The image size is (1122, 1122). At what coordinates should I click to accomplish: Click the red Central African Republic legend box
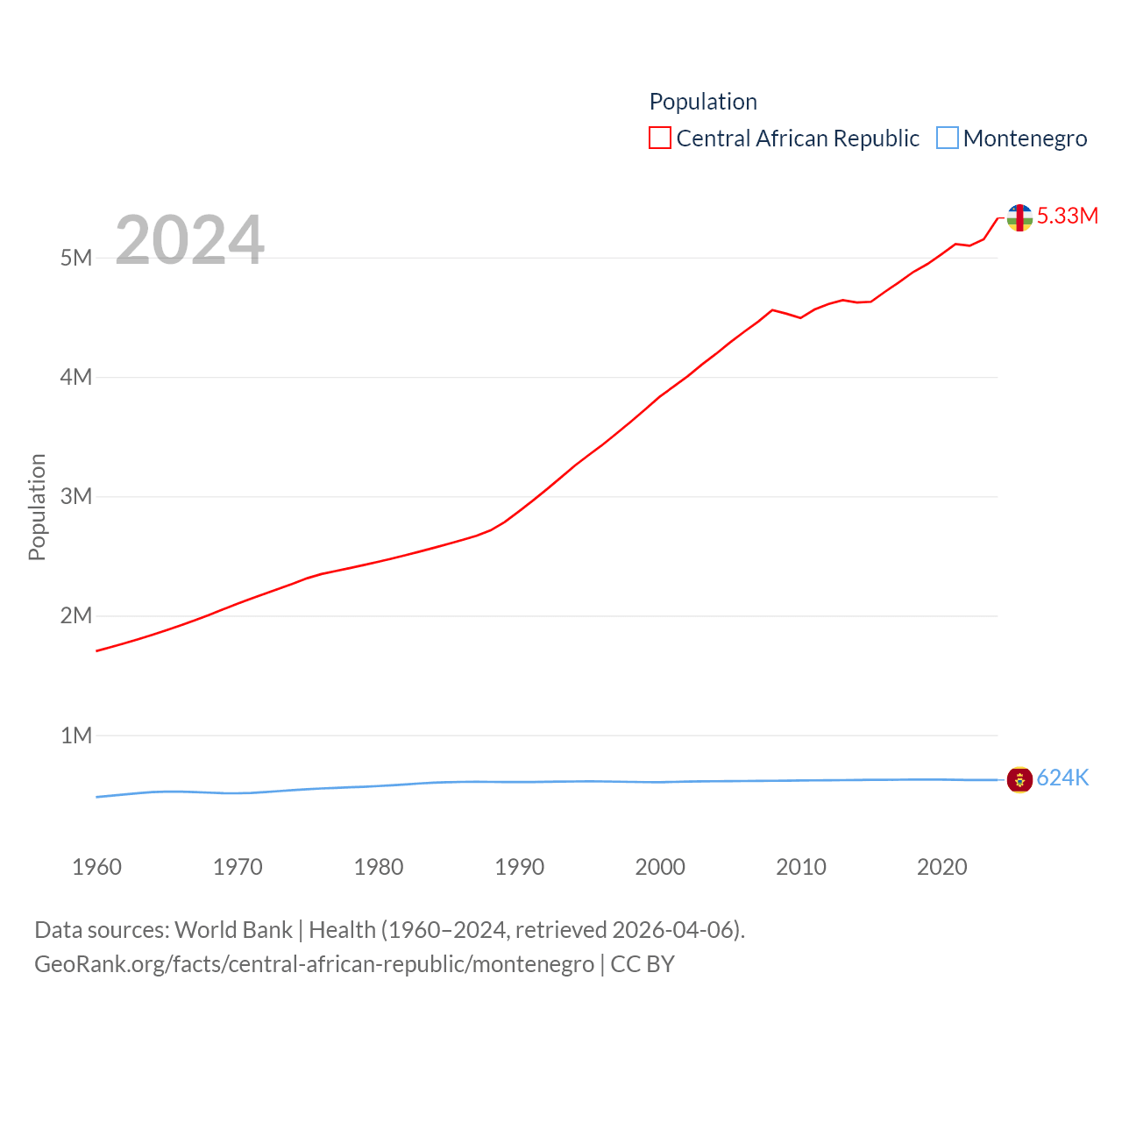[659, 138]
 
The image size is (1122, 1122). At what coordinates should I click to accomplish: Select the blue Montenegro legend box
[948, 138]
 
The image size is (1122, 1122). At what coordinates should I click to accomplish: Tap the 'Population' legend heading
[703, 102]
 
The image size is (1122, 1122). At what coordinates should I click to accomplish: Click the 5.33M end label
[1067, 216]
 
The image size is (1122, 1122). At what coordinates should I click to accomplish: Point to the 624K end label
[1062, 778]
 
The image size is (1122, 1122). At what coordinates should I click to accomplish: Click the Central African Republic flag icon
[1019, 217]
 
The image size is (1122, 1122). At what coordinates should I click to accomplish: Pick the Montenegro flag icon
[1019, 779]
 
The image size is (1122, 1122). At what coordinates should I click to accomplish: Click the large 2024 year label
[189, 239]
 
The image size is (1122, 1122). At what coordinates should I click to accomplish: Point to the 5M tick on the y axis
[76, 258]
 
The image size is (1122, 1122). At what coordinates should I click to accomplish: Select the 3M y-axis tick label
[76, 496]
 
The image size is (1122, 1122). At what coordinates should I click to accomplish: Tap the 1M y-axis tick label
[76, 735]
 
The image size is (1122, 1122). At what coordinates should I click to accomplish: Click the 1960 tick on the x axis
[96, 867]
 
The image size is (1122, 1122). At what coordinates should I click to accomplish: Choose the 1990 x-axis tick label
[519, 867]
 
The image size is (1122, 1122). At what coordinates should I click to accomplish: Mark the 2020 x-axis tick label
[941, 867]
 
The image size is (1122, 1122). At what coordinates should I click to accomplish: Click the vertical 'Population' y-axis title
[37, 507]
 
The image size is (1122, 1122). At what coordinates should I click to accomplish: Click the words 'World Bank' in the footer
[233, 929]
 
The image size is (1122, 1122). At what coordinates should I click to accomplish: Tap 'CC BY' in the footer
[643, 964]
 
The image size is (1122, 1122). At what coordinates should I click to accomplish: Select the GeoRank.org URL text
[314, 964]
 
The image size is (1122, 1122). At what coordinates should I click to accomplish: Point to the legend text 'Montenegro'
[1025, 138]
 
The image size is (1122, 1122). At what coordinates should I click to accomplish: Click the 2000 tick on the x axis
[660, 867]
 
